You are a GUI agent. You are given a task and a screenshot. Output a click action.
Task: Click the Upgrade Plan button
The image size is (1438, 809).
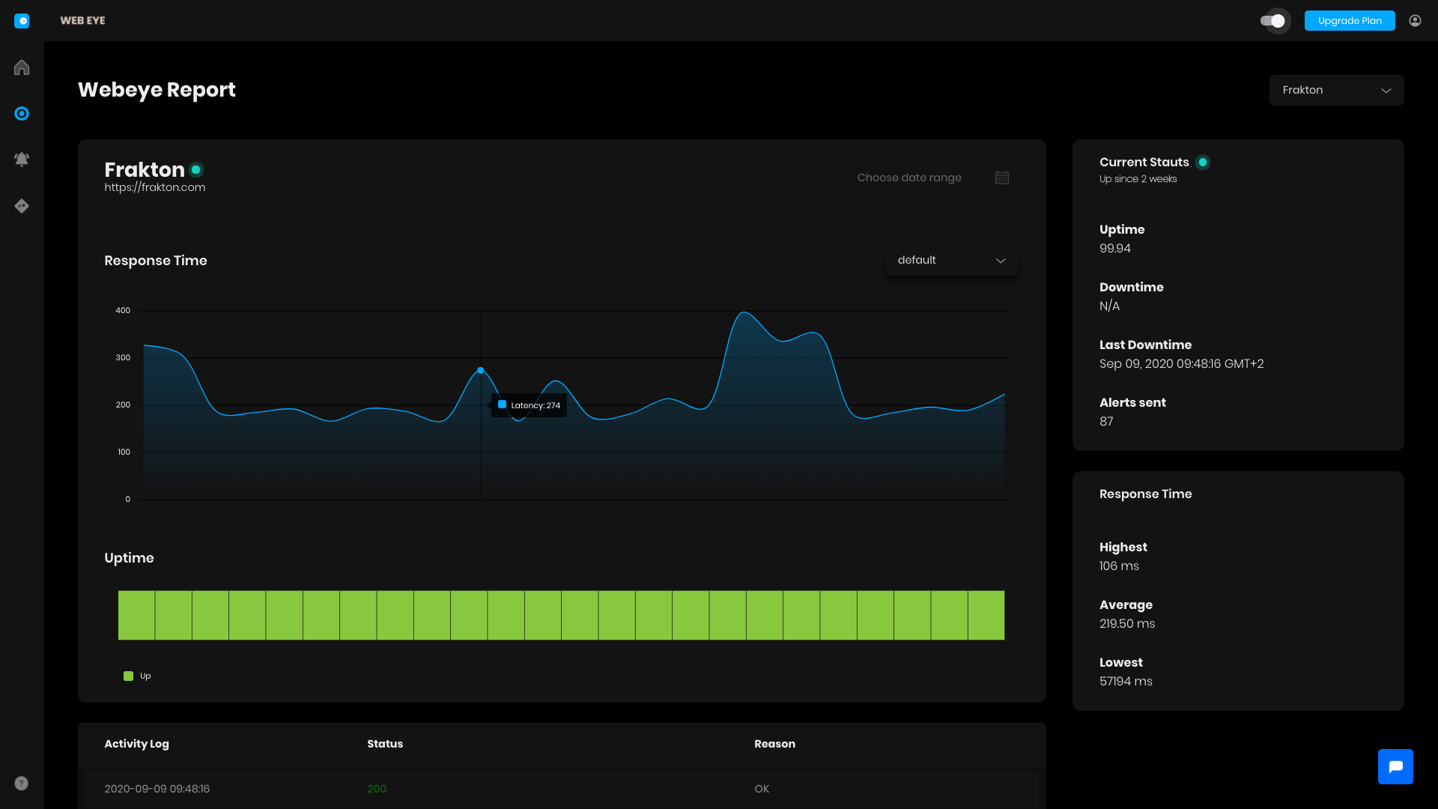coord(1349,21)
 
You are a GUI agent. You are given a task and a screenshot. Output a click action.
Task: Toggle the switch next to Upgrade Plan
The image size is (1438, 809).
coord(1273,21)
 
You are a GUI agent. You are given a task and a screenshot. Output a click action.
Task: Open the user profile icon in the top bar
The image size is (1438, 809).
coord(1415,21)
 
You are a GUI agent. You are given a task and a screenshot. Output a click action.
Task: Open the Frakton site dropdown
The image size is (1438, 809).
coord(1336,90)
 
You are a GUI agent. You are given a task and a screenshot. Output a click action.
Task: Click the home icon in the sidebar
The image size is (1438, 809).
coord(22,67)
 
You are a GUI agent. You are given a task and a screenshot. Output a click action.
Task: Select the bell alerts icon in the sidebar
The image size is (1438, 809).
coord(22,160)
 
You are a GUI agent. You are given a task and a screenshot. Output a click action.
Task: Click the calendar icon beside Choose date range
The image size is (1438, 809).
coord(1002,178)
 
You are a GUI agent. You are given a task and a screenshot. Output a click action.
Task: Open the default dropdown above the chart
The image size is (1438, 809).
coord(951,260)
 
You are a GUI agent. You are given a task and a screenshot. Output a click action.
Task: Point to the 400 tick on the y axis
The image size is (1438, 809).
coord(123,310)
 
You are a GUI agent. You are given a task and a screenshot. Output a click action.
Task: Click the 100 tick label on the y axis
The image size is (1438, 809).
coord(124,452)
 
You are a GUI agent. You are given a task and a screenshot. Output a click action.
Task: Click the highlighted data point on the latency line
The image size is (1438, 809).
coord(481,371)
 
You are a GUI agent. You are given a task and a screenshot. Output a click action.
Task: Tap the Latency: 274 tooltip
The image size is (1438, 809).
coord(529,405)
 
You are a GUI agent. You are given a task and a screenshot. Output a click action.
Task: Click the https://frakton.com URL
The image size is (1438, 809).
coord(154,187)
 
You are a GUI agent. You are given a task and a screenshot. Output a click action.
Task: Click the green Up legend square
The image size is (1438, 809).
coord(128,676)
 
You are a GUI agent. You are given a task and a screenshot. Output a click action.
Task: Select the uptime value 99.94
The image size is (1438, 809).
coord(1114,249)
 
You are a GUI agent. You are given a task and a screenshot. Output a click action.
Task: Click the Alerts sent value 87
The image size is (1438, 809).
coord(1106,422)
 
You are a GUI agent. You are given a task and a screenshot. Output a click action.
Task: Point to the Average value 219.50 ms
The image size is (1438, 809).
coord(1126,624)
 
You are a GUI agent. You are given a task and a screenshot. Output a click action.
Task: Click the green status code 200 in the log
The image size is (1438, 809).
coord(377,789)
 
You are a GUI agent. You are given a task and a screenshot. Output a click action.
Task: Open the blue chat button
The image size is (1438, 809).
coord(1395,766)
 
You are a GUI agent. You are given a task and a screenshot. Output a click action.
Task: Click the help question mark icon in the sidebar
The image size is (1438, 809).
coord(22,784)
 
